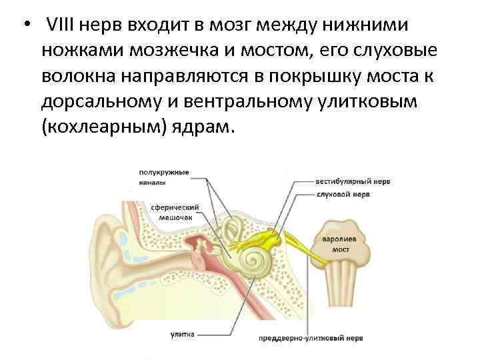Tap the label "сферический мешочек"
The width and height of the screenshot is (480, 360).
click(170, 211)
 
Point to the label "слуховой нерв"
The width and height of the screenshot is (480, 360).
click(343, 195)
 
